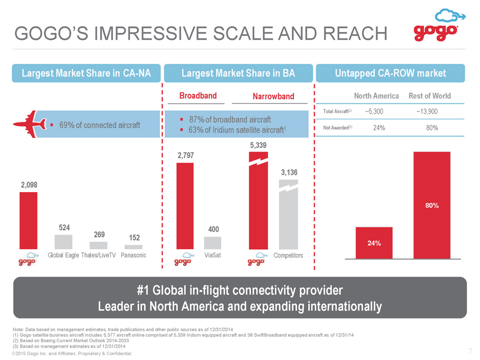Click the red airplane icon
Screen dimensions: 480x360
tap(29, 124)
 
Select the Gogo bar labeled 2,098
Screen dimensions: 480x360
tap(28, 221)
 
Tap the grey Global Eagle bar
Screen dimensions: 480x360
tap(63, 242)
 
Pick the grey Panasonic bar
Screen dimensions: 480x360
tap(134, 247)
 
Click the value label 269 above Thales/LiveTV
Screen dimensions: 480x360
tap(99, 235)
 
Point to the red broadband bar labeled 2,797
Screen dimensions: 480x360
tap(185, 206)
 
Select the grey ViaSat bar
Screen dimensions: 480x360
tap(212, 243)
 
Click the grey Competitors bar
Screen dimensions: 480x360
tap(289, 214)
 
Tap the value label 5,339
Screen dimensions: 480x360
tap(259, 145)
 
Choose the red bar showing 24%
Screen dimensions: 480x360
tap(374, 243)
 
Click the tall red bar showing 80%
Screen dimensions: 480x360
tap(432, 206)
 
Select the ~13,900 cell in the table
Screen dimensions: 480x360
tap(427, 111)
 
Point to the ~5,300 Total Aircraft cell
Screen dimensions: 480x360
tap(374, 111)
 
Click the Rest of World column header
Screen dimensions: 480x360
tap(430, 96)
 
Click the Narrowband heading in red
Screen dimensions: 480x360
tap(273, 97)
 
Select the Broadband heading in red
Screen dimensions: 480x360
tap(198, 96)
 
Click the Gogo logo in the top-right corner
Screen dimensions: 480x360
tap(439, 25)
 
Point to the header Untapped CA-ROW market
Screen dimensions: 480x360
tap(391, 73)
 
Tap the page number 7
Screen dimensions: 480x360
tap(471, 351)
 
